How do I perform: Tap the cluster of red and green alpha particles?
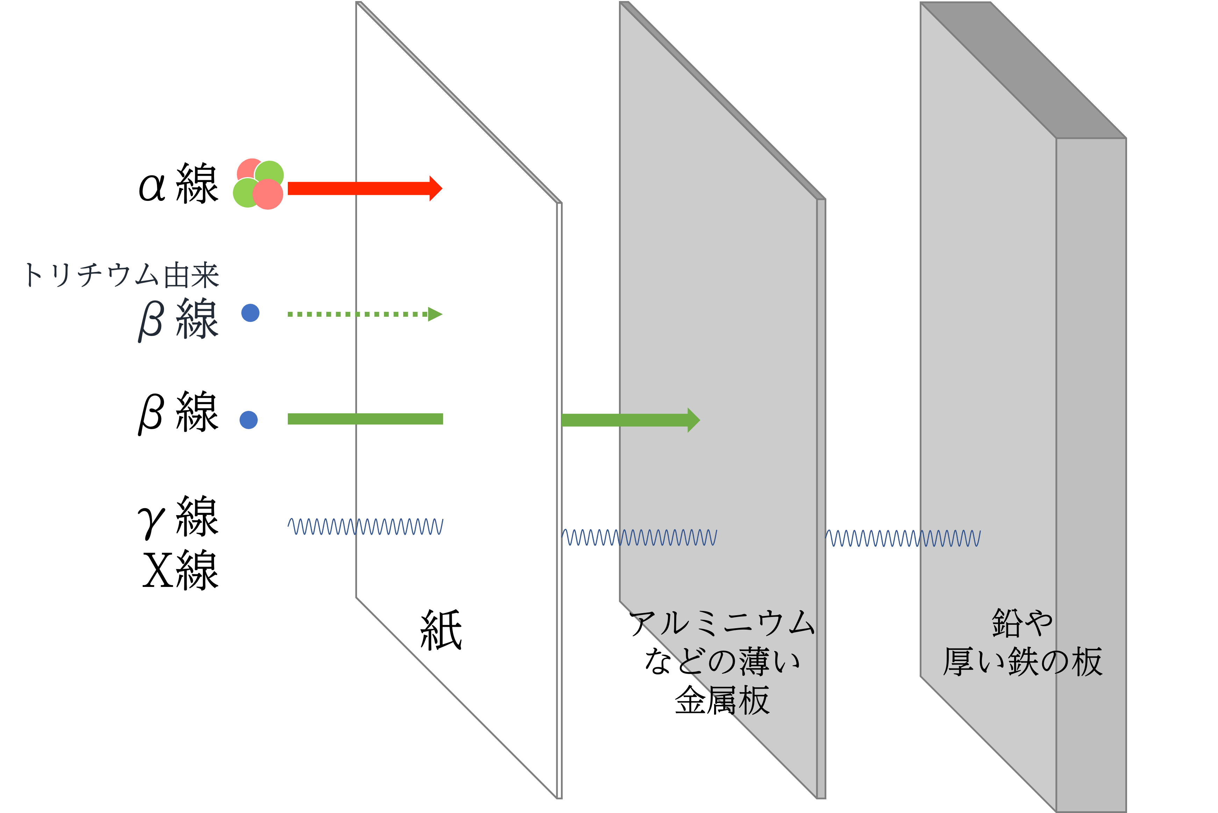[258, 183]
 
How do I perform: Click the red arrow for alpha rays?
[365, 188]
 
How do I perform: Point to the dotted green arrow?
[365, 314]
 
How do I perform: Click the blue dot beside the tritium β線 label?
[250, 313]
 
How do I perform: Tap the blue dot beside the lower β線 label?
[249, 420]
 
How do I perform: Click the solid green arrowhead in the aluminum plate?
[694, 420]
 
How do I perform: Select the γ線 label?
[178, 517]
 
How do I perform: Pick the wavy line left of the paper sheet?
[365, 526]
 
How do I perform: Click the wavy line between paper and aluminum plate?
[639, 537]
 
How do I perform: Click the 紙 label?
[441, 630]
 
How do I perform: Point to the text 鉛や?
[1022, 623]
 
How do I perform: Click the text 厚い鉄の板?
[1022, 661]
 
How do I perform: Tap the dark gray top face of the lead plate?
[1023, 70]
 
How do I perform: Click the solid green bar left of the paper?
[365, 419]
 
